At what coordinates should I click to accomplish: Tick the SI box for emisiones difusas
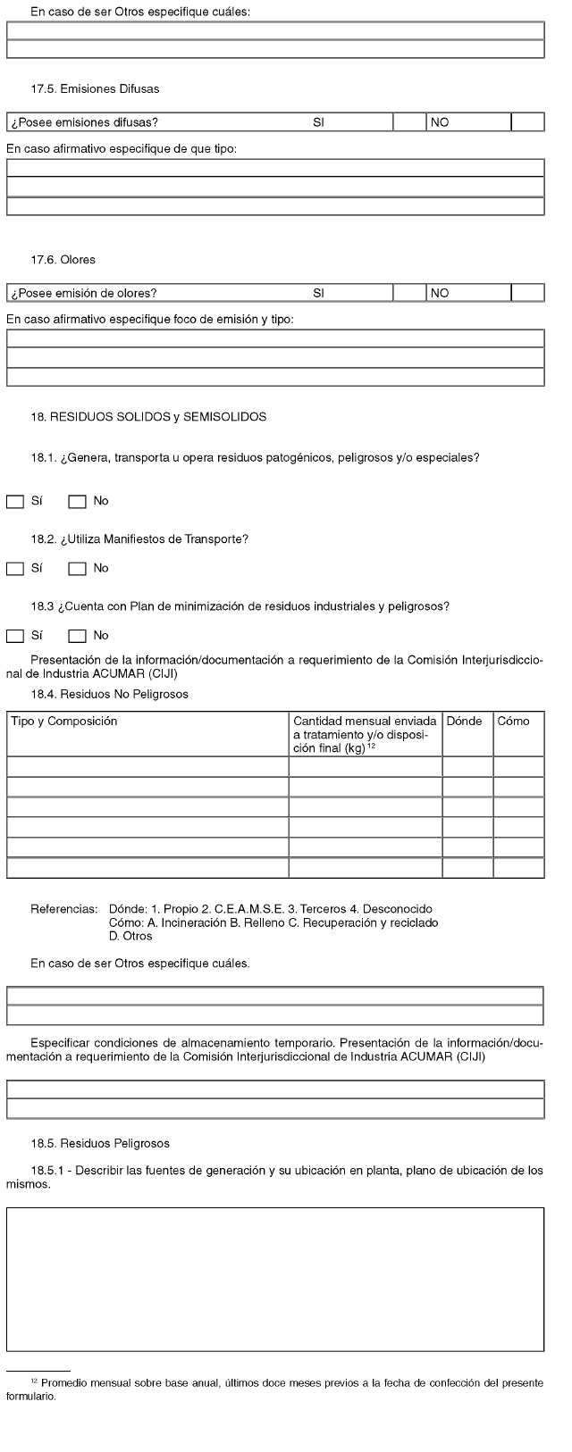(x=409, y=122)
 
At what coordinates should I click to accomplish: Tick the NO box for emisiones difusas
(x=527, y=122)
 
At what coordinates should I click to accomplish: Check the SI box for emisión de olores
(x=409, y=293)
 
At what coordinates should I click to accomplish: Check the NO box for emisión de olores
(x=527, y=293)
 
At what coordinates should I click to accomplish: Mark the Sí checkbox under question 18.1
(x=15, y=502)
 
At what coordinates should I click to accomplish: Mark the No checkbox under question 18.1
(x=77, y=502)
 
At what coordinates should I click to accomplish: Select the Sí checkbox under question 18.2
(x=15, y=569)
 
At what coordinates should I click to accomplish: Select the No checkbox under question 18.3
(x=77, y=636)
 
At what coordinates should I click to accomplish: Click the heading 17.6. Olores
(x=63, y=260)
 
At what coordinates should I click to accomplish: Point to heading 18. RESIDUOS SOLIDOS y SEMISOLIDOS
(x=148, y=417)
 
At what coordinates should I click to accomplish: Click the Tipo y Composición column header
(x=63, y=722)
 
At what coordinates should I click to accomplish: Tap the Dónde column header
(x=464, y=722)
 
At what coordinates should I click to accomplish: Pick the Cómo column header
(x=513, y=722)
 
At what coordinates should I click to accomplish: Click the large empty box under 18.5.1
(x=275, y=1279)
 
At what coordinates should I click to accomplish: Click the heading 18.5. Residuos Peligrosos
(x=100, y=1143)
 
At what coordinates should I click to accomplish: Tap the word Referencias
(x=64, y=909)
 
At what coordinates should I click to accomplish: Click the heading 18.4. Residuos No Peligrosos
(x=109, y=694)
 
